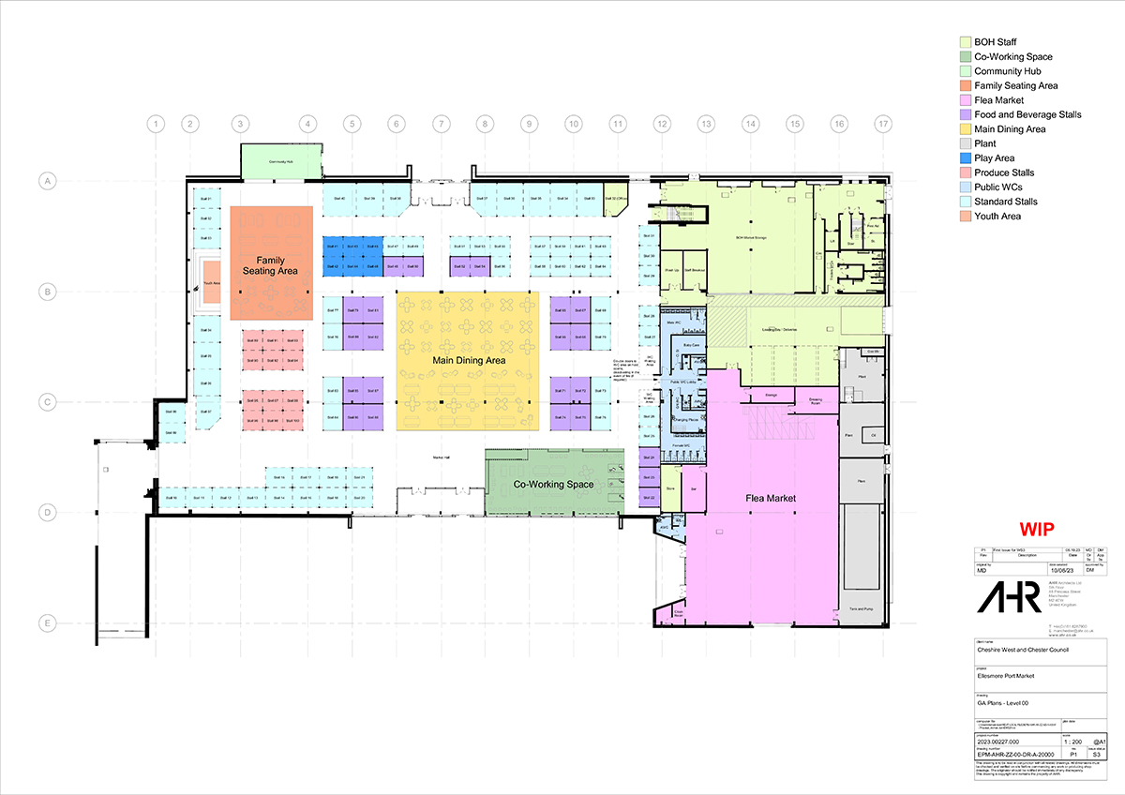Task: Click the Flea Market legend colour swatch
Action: coord(964,100)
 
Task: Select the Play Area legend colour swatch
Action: coord(964,158)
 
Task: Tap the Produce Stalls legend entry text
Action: coord(1004,173)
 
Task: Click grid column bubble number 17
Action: coord(882,124)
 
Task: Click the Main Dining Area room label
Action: coord(469,360)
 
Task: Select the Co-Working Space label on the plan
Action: coord(553,485)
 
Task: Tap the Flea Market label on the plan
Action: coord(771,499)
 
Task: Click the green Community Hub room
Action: coord(281,162)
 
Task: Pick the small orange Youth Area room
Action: coord(212,282)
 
